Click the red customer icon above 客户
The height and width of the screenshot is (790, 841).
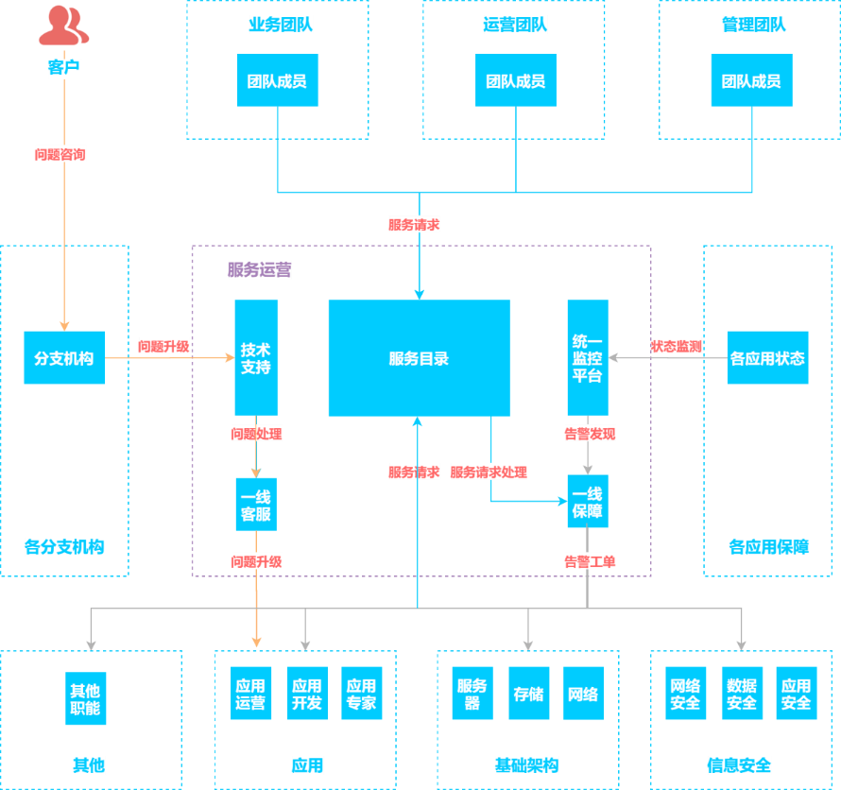click(63, 26)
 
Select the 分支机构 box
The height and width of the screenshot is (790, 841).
click(64, 358)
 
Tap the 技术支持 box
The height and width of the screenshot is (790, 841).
click(256, 358)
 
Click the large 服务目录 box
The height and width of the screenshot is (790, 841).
click(419, 358)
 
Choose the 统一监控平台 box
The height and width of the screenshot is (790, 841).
click(587, 358)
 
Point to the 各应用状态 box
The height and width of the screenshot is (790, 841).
click(767, 358)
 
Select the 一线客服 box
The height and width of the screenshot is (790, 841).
click(256, 505)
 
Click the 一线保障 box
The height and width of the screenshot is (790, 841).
click(587, 502)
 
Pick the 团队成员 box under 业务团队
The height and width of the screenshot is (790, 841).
click(277, 81)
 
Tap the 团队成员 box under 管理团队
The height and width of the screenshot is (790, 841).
click(751, 81)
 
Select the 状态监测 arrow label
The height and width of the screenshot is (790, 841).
click(676, 347)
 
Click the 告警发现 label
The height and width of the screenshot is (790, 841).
click(590, 434)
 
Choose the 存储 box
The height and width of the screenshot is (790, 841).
click(528, 694)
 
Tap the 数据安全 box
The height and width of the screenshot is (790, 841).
click(741, 694)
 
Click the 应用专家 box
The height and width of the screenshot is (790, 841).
click(361, 694)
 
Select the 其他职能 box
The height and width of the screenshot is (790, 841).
click(85, 699)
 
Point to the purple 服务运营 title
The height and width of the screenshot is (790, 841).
click(259, 270)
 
